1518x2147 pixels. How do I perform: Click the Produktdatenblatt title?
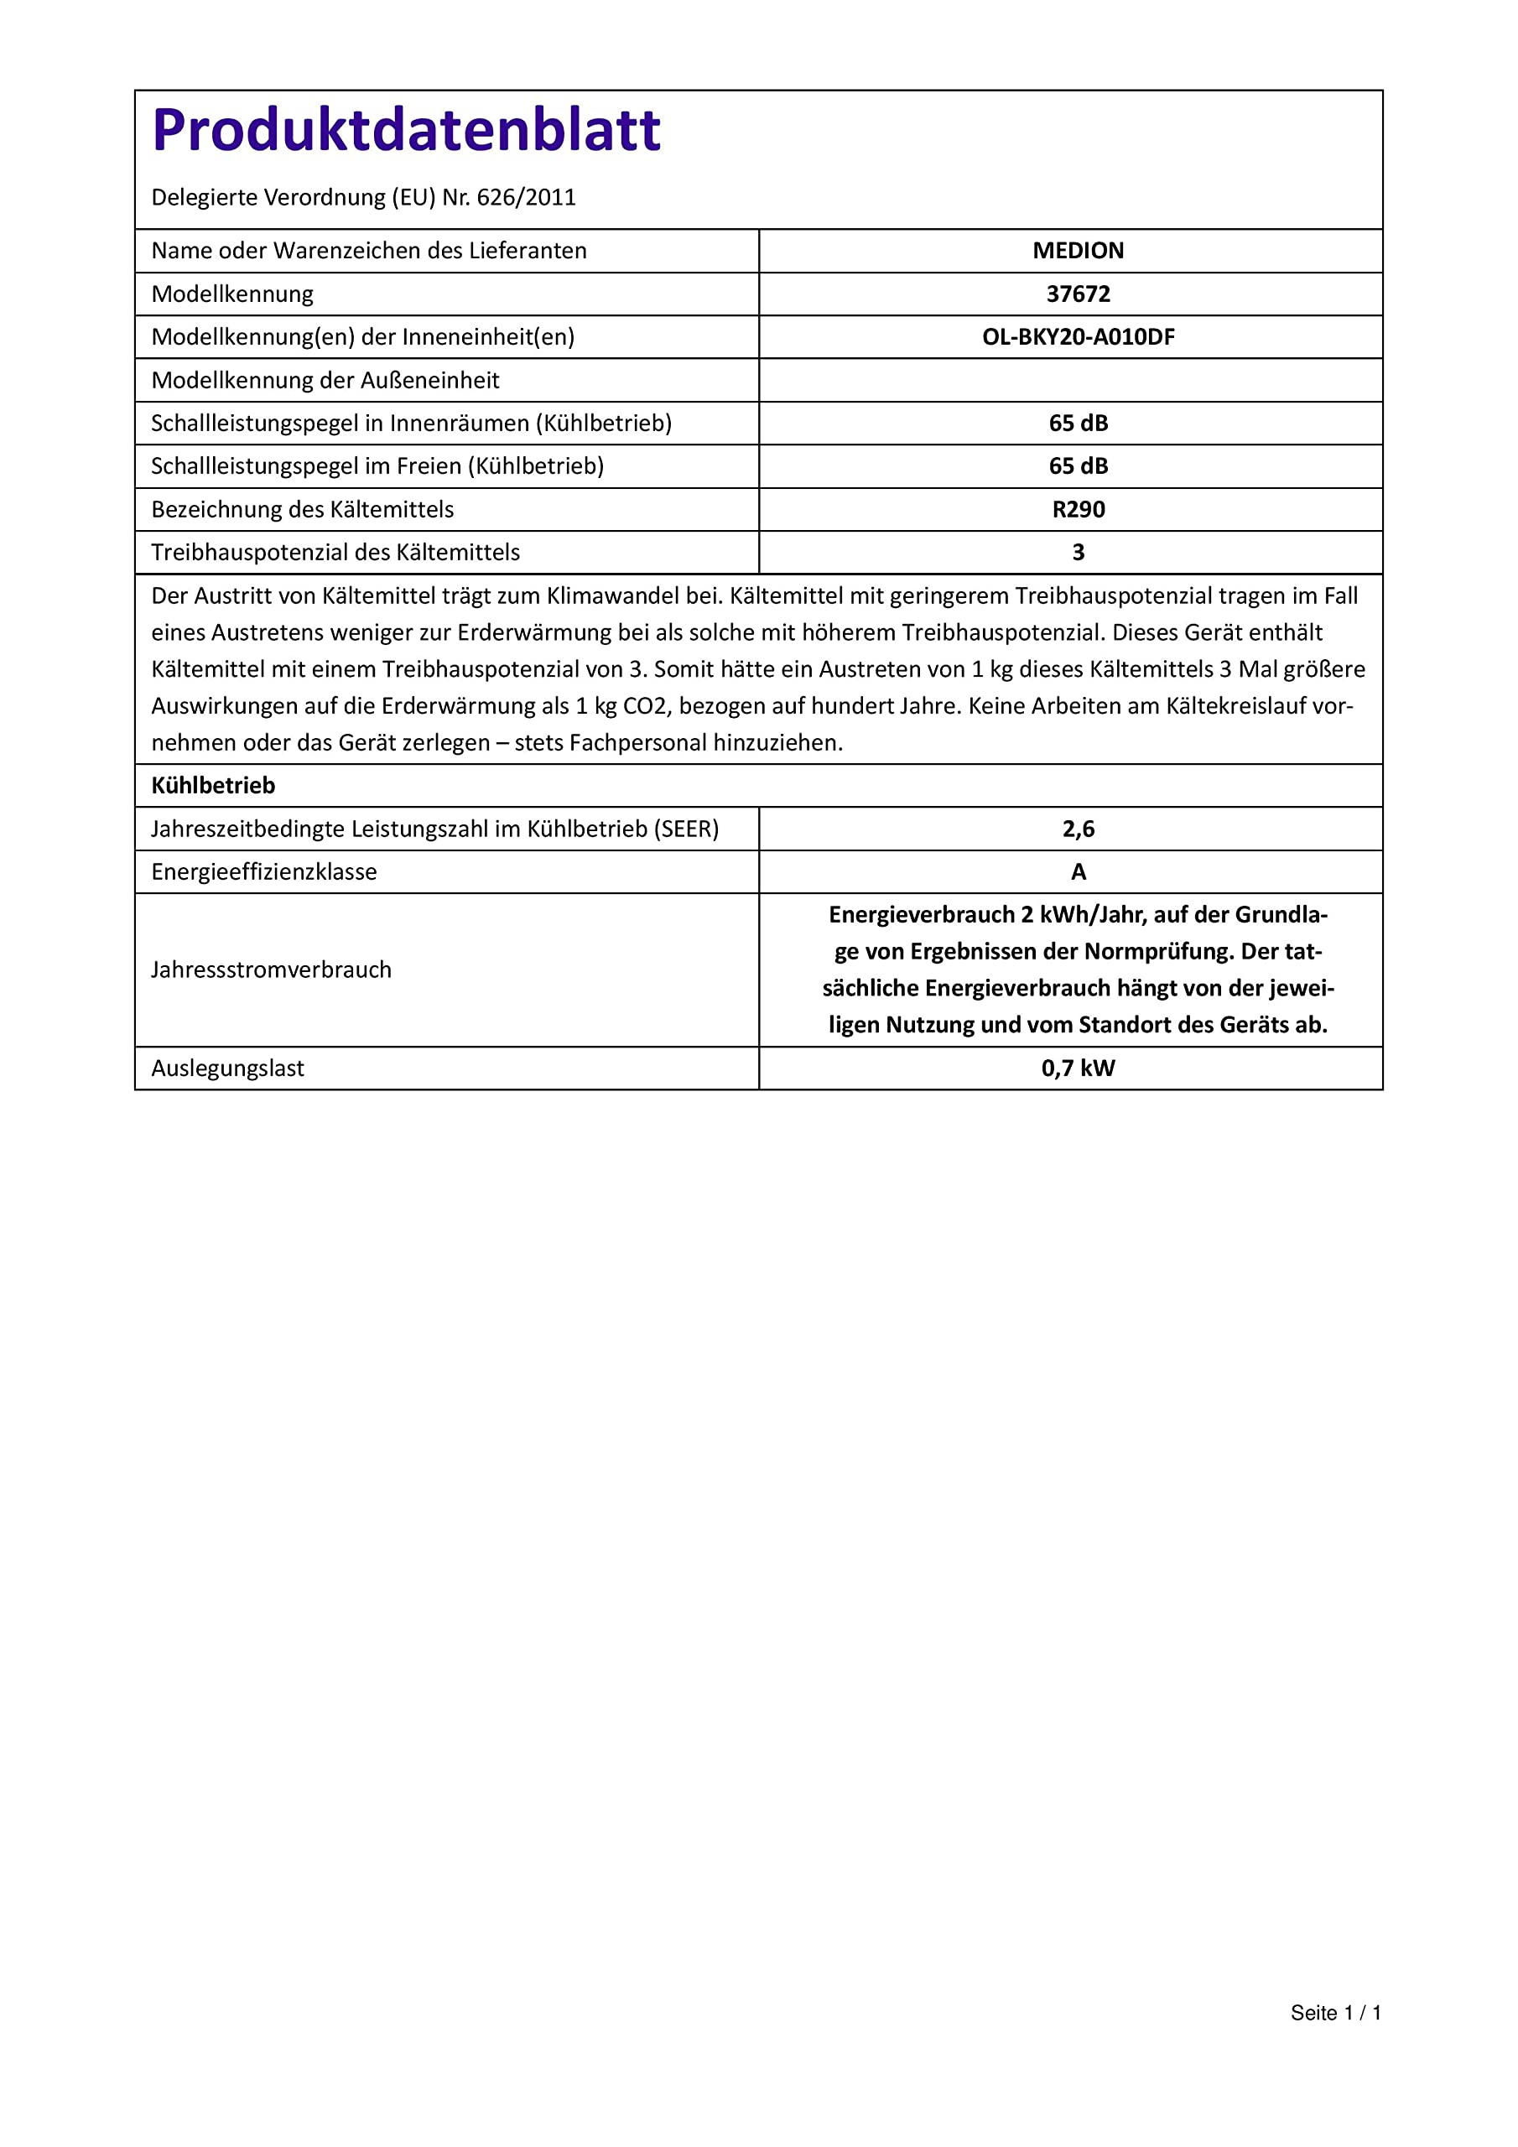[406, 130]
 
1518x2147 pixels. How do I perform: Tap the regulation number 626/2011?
[526, 197]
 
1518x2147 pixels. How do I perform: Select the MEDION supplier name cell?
[1078, 251]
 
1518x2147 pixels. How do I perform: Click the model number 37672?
[1078, 294]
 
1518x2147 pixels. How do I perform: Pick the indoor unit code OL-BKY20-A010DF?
[1078, 336]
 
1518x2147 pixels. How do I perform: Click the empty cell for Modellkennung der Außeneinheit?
[1070, 380]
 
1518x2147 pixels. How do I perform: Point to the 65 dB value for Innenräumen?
[1078, 423]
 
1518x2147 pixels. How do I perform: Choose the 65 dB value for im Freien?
[1078, 465]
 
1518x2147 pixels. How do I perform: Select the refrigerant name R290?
[1078, 509]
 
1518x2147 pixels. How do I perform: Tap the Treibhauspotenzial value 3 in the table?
[1078, 552]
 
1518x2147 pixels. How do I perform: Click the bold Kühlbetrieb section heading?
[213, 786]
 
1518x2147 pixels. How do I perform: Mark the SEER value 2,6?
[1078, 829]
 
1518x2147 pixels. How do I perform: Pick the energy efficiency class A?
[1078, 871]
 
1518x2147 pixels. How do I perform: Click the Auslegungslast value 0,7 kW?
[1078, 1068]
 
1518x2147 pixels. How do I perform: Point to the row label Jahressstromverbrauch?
[271, 970]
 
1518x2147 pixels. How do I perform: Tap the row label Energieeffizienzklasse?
[263, 871]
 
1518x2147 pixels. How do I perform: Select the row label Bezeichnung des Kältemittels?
[302, 509]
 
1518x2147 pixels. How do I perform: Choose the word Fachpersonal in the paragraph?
[637, 742]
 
